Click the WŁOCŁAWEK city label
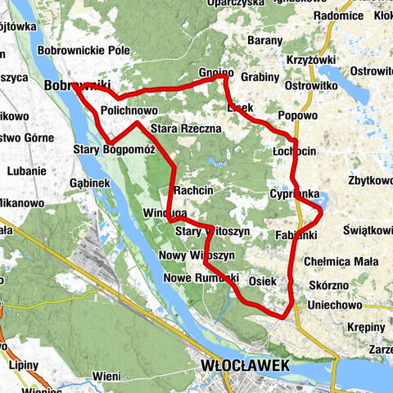coord(245,366)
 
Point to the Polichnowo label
coord(129,110)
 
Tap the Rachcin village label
coord(193,190)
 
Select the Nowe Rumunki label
coord(199,278)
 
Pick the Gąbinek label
coord(89,183)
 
